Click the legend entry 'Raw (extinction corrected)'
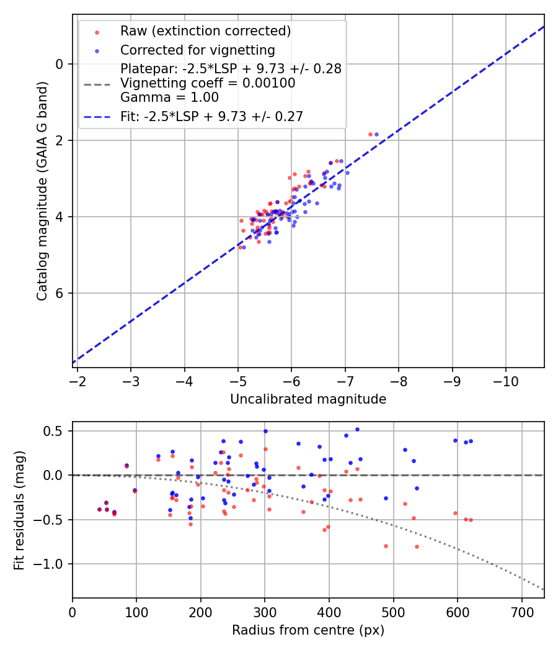pyautogui.click(x=205, y=31)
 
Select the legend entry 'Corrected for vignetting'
pyautogui.click(x=197, y=50)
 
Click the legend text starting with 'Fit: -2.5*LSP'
pyautogui.click(x=211, y=116)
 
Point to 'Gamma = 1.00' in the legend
pyautogui.click(x=169, y=97)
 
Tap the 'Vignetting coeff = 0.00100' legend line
pyautogui.click(x=208, y=83)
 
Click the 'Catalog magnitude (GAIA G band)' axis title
pyautogui.click(x=42, y=191)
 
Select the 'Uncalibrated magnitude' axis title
pyautogui.click(x=308, y=399)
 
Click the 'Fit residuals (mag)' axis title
pyautogui.click(x=19, y=510)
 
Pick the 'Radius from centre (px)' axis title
pyautogui.click(x=308, y=630)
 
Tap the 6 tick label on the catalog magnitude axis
pyautogui.click(x=60, y=293)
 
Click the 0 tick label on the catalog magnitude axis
pyautogui.click(x=60, y=64)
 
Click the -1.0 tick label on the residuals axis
pyautogui.click(x=52, y=564)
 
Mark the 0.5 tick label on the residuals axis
pyautogui.click(x=56, y=431)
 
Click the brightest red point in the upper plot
pyautogui.click(x=370, y=134)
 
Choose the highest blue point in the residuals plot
pyautogui.click(x=357, y=429)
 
